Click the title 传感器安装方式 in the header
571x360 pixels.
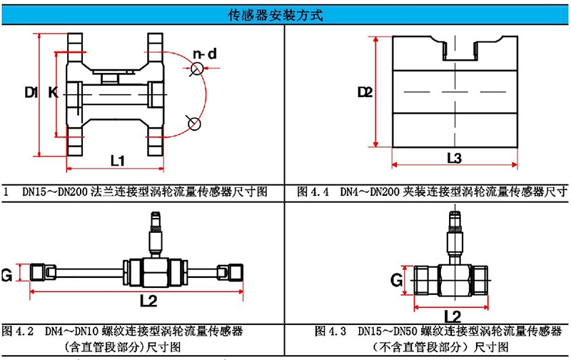pos(285,13)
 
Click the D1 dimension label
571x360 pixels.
pos(31,92)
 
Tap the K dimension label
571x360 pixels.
pos(53,92)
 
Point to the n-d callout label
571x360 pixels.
pos(203,54)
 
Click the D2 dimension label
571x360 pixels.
pos(365,92)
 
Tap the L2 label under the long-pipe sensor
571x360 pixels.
pos(148,300)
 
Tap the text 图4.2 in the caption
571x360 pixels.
pos(19,331)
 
